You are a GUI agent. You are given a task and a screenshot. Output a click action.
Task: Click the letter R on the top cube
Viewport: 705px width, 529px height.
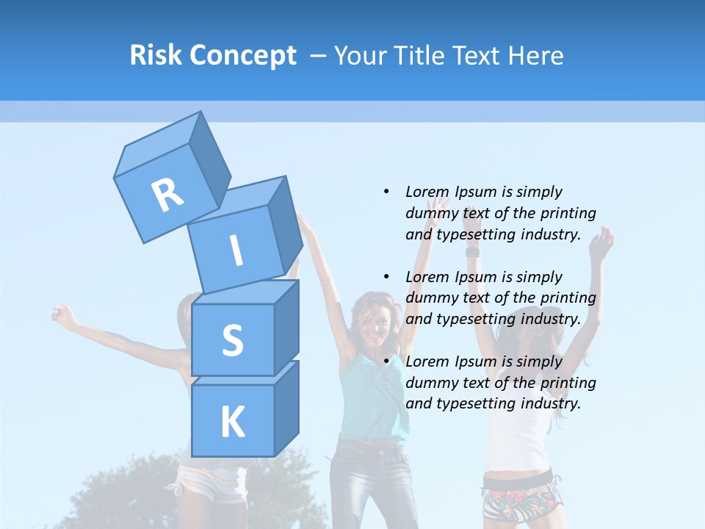(167, 195)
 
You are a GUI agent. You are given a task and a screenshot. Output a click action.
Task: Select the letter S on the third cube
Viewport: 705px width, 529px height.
(232, 340)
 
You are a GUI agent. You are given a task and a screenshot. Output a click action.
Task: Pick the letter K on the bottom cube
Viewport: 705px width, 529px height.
(232, 422)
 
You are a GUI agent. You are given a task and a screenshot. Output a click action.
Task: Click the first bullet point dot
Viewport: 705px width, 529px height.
(386, 192)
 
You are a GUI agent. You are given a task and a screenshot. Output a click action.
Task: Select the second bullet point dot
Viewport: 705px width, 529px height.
(386, 277)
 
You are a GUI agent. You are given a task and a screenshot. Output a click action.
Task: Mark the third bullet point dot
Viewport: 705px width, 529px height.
(386, 361)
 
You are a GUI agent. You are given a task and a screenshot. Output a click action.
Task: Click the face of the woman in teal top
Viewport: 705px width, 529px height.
(375, 320)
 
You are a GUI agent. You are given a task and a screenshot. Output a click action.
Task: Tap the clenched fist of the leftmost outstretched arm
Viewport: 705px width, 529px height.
(64, 317)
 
